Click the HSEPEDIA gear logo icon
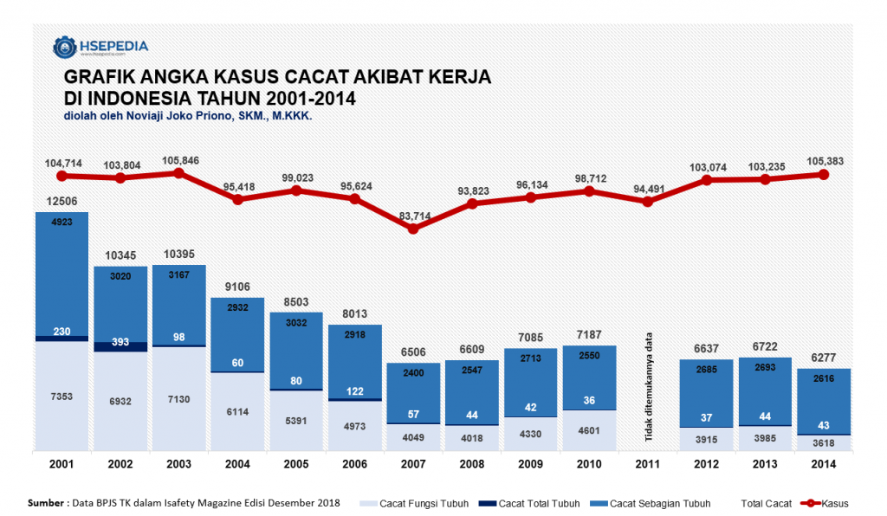coord(64,47)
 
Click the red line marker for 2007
coord(413,229)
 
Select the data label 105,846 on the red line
coord(180,160)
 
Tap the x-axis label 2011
coord(648,464)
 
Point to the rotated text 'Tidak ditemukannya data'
coord(649,387)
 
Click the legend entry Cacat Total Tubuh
coord(529,503)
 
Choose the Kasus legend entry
coord(825,503)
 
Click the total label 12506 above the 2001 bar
coord(62,201)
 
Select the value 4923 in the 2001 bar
coord(62,223)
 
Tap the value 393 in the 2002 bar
coord(120,342)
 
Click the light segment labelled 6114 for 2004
coord(237,411)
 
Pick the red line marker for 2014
coord(824,175)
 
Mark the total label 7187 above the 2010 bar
coord(589,334)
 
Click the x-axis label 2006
coord(354,464)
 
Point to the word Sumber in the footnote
coord(46,502)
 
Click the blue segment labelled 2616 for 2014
coord(824,401)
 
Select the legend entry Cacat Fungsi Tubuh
coord(415,503)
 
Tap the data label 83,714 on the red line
coord(415,216)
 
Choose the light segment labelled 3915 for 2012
coord(707,439)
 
